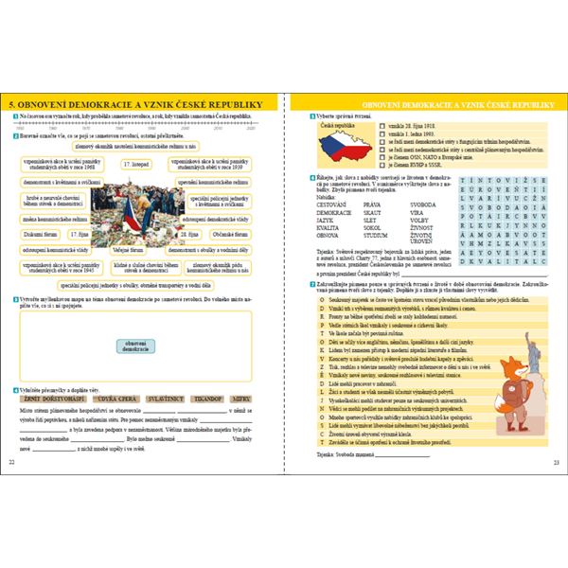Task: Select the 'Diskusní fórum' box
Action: [42, 232]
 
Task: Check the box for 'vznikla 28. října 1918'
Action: [381, 125]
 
